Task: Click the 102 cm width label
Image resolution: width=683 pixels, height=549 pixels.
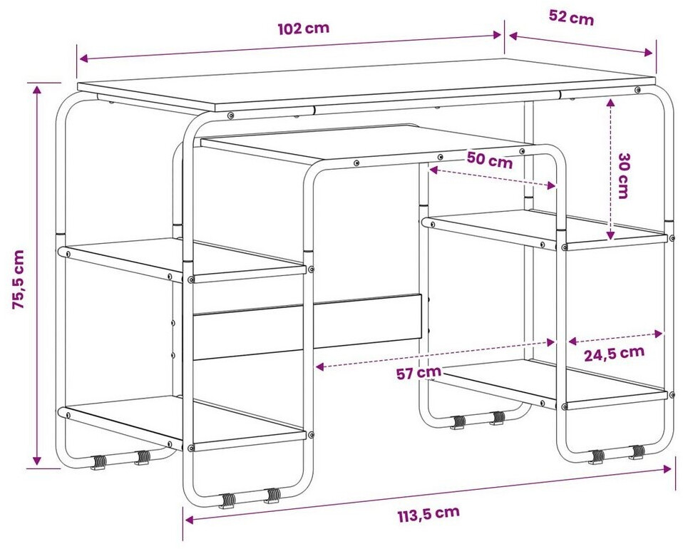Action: (x=303, y=29)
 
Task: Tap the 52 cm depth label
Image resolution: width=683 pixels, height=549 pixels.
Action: (x=571, y=18)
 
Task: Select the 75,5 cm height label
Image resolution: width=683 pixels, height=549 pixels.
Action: (x=19, y=279)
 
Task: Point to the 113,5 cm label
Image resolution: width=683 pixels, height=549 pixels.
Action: (x=428, y=513)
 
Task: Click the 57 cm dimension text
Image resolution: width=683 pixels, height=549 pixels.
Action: (x=418, y=373)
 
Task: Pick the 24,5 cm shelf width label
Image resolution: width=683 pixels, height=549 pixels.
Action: (x=614, y=354)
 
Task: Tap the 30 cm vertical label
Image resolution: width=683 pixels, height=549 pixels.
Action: (x=623, y=175)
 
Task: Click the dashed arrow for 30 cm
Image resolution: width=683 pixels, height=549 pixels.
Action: (x=610, y=170)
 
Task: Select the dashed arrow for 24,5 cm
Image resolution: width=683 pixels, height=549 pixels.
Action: (x=615, y=337)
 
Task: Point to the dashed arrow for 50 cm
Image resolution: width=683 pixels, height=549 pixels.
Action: (x=492, y=178)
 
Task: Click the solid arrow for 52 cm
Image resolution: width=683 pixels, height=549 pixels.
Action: (x=580, y=44)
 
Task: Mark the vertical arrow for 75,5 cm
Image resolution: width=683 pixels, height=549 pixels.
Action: (x=37, y=275)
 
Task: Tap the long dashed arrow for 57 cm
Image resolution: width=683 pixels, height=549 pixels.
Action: (x=435, y=354)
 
